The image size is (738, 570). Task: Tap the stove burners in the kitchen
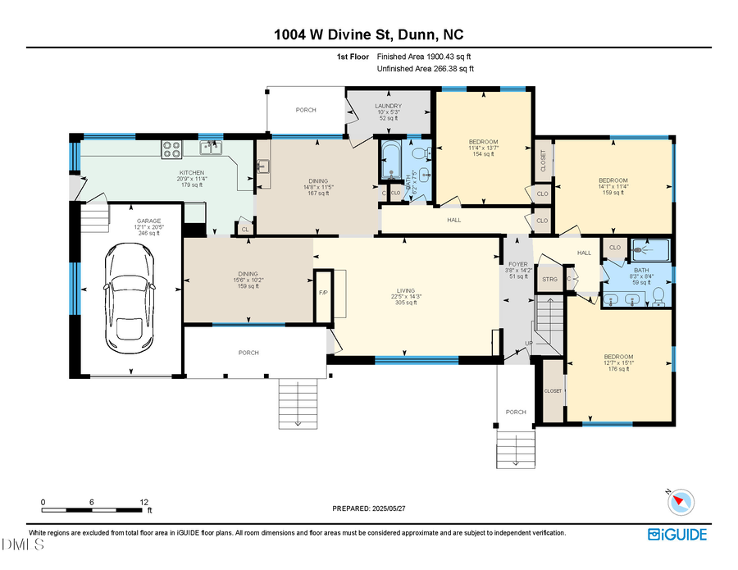click(172, 148)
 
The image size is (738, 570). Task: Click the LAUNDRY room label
click(388, 106)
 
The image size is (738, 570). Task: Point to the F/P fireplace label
click(322, 292)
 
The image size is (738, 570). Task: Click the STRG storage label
click(549, 280)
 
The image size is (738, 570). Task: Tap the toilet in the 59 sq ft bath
click(656, 299)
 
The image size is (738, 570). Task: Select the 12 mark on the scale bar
click(143, 502)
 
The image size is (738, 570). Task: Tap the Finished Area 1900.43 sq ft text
click(423, 57)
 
